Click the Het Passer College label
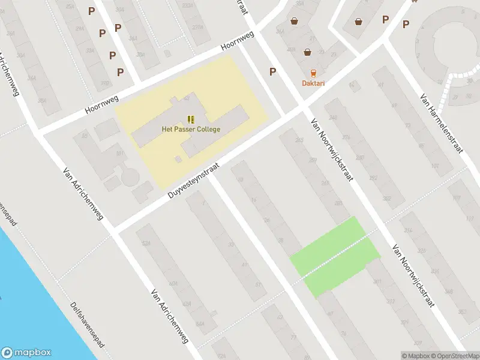tap(191, 129)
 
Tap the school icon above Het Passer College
tap(191, 119)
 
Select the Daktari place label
tap(313, 83)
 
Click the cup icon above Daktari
tap(313, 73)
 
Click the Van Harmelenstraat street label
tap(443, 124)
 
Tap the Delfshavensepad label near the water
tap(88, 325)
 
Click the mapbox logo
tap(26, 353)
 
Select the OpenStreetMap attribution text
tap(455, 356)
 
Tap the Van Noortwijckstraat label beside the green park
tap(413, 275)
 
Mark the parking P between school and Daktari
tap(273, 72)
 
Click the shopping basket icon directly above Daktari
tap(308, 52)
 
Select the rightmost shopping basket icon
tap(359, 22)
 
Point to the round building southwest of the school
tap(129, 178)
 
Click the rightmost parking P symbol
tap(406, 25)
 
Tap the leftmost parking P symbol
tap(91, 11)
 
